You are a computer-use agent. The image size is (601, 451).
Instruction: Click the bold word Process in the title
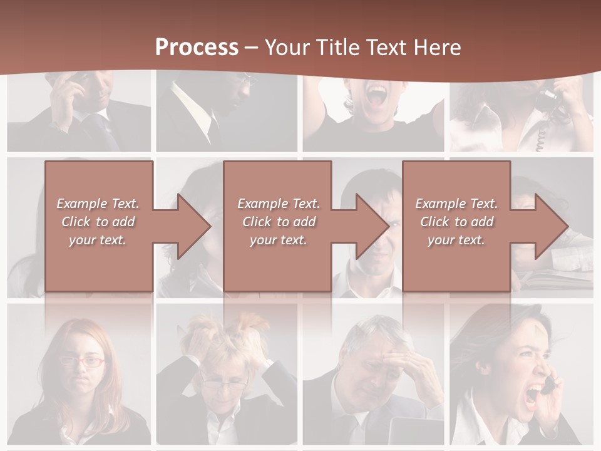tap(197, 47)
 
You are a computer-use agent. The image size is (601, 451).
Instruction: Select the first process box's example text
tap(98, 222)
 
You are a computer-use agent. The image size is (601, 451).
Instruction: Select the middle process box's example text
tap(279, 222)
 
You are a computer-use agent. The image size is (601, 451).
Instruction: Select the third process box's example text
tap(456, 222)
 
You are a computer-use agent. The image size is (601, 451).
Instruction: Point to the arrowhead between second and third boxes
tap(372, 226)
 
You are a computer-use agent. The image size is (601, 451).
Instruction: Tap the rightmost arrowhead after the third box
tap(552, 226)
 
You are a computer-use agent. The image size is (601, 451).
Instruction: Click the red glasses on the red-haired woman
tap(83, 361)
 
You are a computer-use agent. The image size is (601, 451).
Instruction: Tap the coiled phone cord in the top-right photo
tap(540, 139)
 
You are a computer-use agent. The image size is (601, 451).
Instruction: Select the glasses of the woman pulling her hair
tap(224, 384)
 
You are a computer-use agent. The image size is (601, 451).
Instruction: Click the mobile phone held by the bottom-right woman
tap(548, 384)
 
